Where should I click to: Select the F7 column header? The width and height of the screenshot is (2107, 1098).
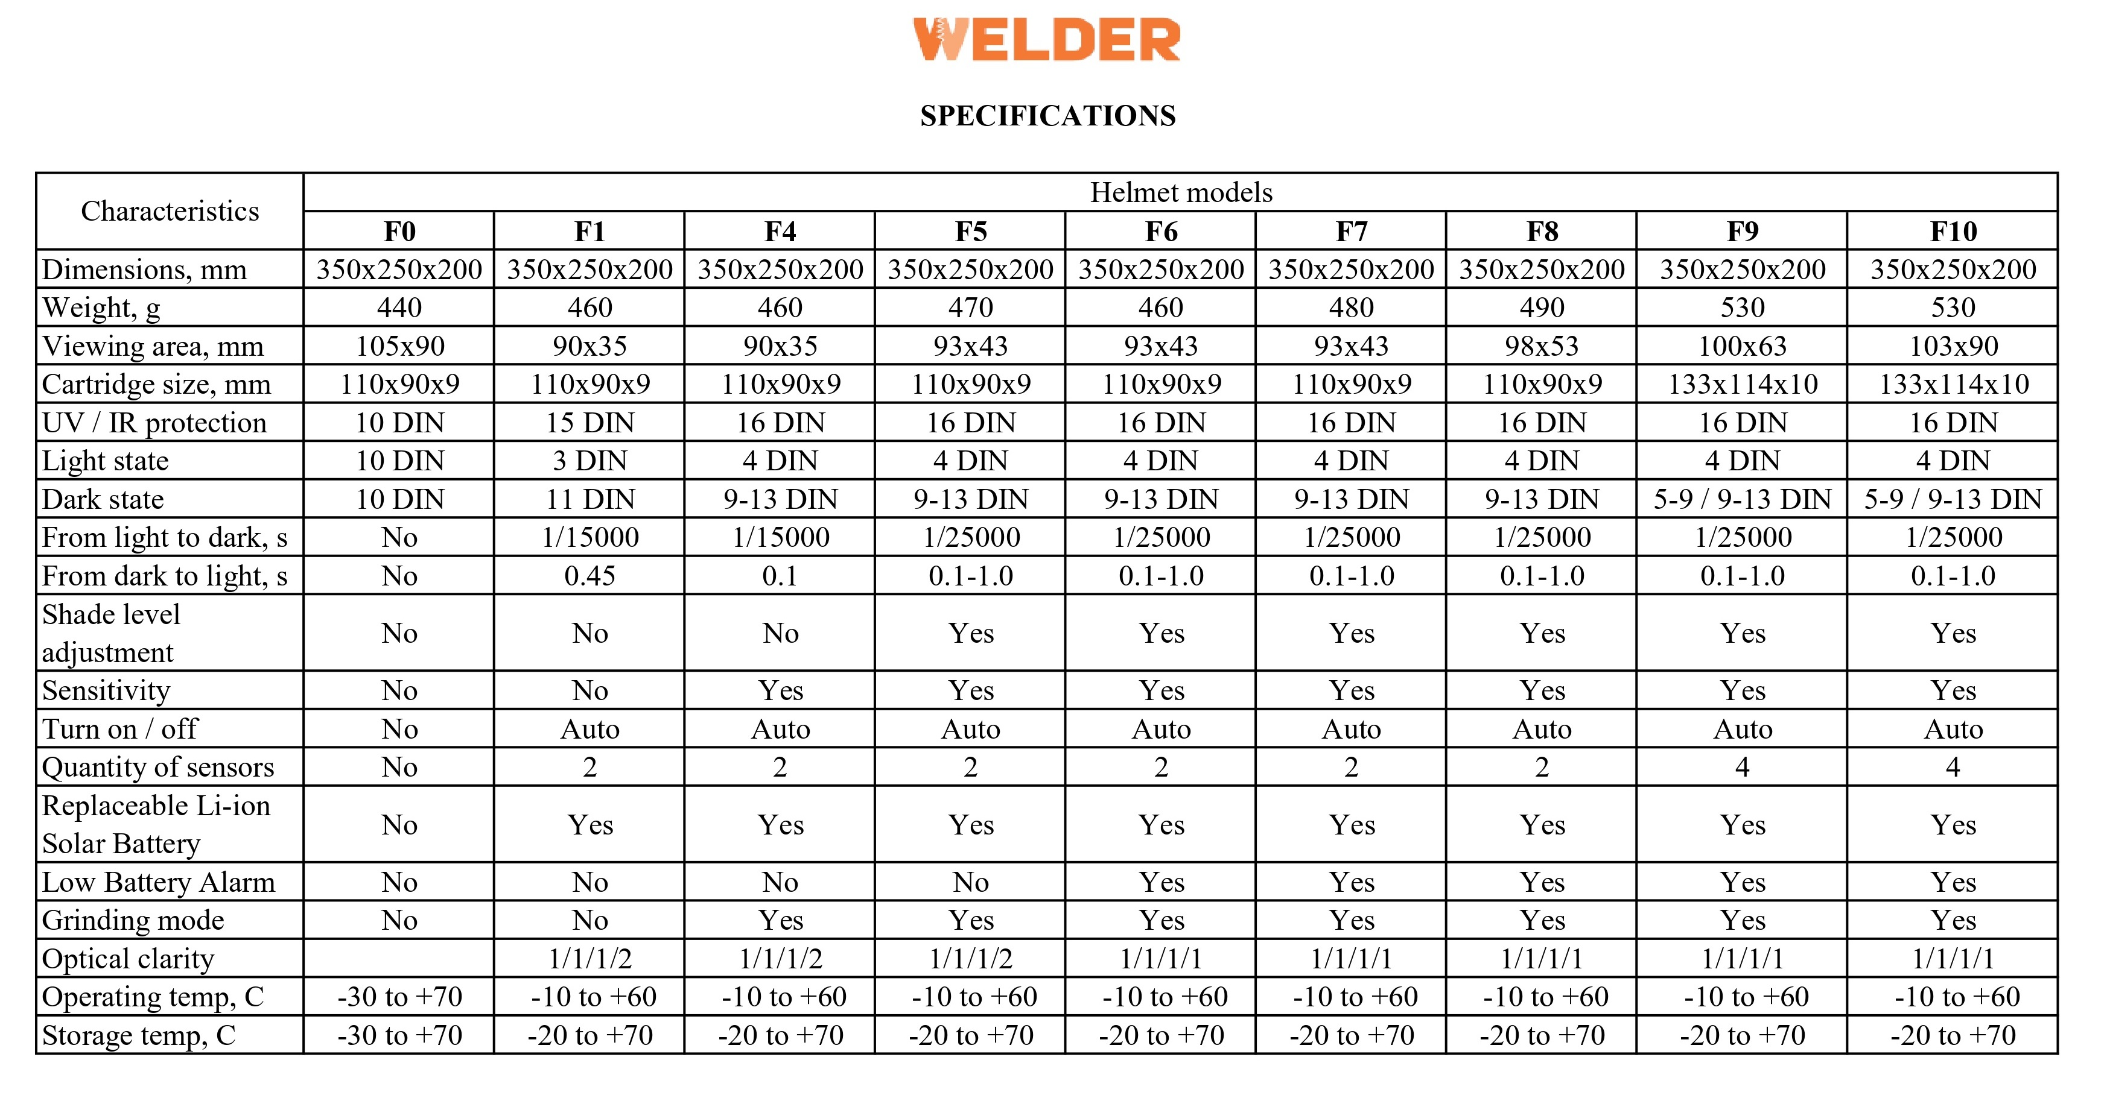pos(1351,232)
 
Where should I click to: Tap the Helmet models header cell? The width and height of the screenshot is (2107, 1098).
pos(1180,192)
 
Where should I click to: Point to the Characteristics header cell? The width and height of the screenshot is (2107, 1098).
pos(170,211)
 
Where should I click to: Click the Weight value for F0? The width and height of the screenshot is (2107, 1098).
pos(399,308)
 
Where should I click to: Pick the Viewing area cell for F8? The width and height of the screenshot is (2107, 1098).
pos(1541,346)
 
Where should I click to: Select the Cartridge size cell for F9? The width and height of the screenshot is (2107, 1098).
pos(1742,383)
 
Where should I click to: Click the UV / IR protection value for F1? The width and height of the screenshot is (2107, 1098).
pos(590,423)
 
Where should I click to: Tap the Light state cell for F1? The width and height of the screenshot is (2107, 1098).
pos(590,460)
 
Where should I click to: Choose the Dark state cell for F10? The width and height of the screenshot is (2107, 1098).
pos(1953,499)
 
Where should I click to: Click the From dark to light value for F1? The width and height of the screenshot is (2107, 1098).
pos(590,576)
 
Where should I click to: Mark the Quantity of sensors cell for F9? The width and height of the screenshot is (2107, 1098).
pos(1742,767)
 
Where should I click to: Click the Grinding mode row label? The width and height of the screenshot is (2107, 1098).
pos(133,920)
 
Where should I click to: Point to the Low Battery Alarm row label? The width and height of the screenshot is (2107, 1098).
pos(159,882)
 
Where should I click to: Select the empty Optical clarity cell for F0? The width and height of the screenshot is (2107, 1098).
pos(399,958)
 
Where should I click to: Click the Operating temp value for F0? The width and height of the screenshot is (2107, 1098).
pos(399,997)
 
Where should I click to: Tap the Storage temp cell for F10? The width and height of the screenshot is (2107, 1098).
pos(1953,1035)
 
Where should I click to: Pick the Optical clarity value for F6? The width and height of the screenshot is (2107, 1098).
pos(1161,958)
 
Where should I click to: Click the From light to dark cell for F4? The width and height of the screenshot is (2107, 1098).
pos(780,537)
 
